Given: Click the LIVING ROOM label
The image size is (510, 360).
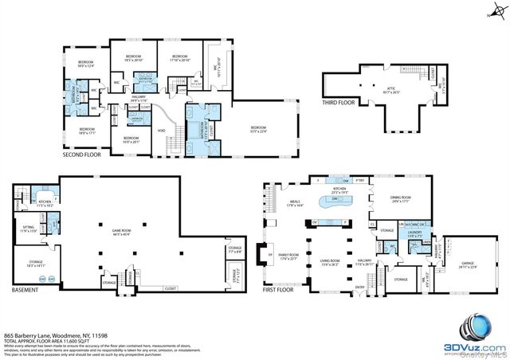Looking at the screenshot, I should point(330,262).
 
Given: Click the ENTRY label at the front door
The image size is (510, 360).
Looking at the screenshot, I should point(359,288).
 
